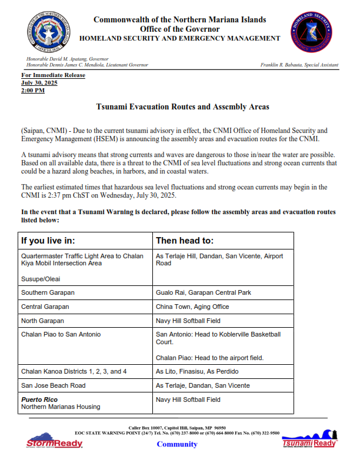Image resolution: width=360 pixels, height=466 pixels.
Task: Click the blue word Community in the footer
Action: [x=177, y=444]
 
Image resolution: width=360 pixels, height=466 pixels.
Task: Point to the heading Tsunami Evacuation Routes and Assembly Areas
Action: [x=182, y=107]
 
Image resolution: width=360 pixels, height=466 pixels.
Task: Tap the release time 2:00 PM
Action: [x=33, y=91]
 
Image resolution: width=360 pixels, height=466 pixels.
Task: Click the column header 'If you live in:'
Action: [x=48, y=241]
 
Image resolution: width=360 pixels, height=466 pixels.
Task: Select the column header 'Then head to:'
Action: [x=184, y=241]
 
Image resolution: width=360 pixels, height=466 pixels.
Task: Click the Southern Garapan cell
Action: [x=48, y=292]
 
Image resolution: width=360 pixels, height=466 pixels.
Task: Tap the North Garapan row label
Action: [x=42, y=321]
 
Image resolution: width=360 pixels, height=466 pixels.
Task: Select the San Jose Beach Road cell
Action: [x=53, y=385]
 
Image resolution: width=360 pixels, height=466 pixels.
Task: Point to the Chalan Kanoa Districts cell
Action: [x=74, y=371]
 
